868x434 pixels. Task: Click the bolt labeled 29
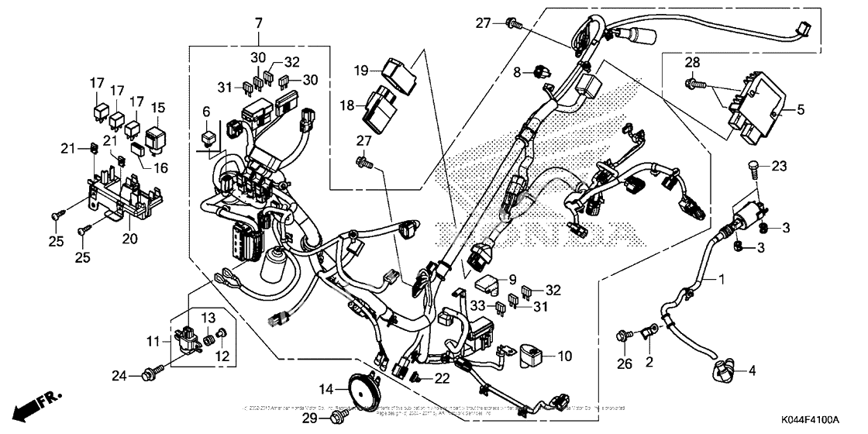[338, 418]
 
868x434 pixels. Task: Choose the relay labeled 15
[157, 136]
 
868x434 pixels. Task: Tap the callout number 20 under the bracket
[129, 239]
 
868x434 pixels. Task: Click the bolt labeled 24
[147, 376]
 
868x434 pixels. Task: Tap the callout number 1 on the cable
[722, 277]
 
